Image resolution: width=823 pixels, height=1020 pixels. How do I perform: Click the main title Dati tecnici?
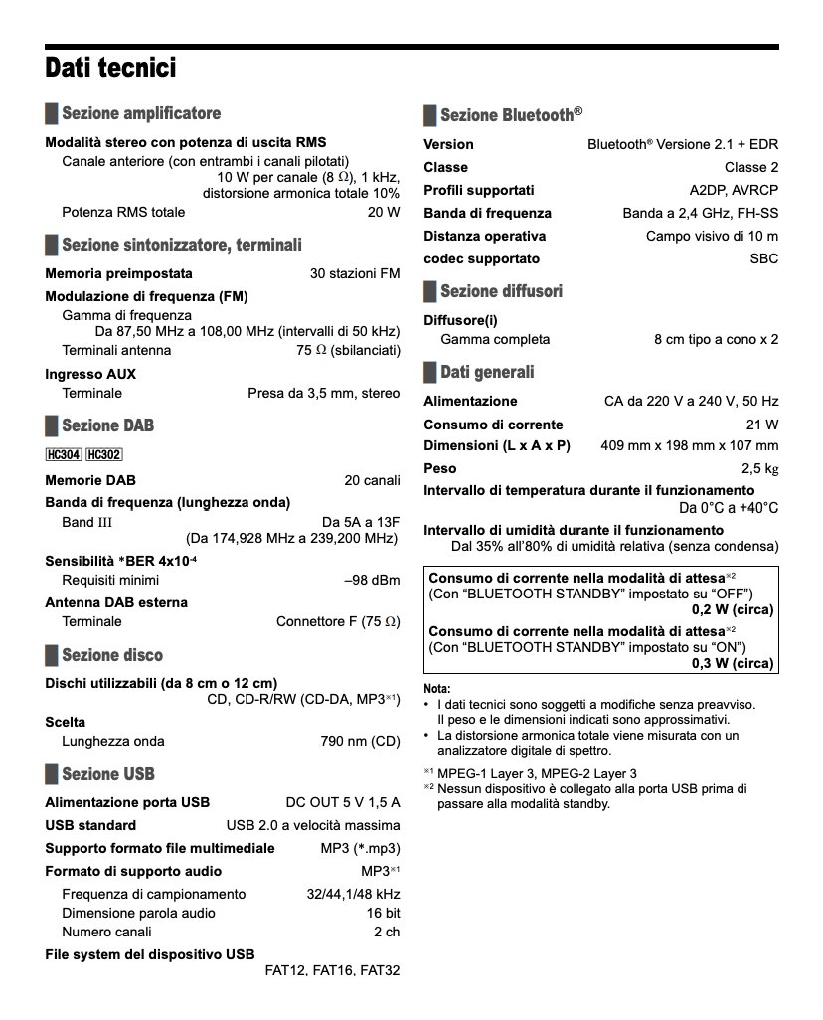point(110,69)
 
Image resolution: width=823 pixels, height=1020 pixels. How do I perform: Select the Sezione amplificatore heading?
point(140,113)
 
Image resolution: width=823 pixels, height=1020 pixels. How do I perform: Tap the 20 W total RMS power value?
point(384,212)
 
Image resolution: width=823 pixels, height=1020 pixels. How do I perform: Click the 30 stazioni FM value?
point(355,273)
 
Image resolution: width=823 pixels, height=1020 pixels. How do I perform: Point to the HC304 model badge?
point(63,455)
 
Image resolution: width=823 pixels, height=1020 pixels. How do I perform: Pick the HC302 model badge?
point(103,455)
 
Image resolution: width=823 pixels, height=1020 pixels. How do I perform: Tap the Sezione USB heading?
point(107,774)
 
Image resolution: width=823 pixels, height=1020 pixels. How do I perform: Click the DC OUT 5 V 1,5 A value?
point(343,802)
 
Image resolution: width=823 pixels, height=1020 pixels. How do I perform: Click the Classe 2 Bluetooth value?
point(751,167)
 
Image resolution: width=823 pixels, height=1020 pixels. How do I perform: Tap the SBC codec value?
point(764,258)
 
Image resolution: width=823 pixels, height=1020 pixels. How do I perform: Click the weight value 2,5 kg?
point(759,468)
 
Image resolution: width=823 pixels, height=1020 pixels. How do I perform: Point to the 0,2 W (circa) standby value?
point(733,610)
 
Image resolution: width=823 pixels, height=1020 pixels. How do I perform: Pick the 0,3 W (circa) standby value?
point(733,661)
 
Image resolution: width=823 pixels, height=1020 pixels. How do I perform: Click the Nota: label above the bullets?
point(437,688)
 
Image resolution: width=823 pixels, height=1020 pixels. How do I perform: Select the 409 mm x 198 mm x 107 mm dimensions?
point(690,445)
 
